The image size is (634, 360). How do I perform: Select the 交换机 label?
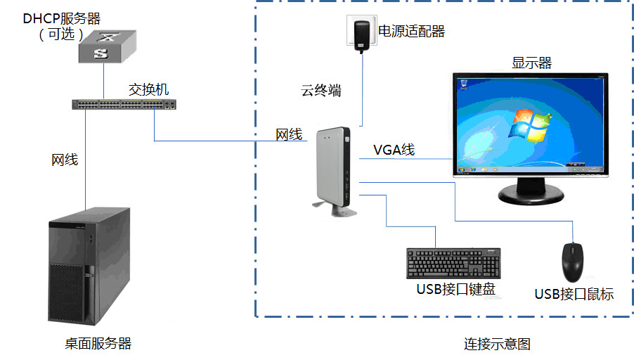pos(148,90)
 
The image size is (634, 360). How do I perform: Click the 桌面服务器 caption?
pos(98,343)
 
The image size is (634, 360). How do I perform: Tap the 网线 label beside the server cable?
pos(65,160)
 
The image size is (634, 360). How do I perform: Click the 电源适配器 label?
pos(412,32)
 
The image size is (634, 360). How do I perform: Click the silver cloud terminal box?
pos(334,168)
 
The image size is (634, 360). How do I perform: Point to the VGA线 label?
pos(394,149)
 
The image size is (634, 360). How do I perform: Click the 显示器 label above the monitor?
pos(531,63)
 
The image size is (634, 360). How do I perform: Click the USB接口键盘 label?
pos(455,289)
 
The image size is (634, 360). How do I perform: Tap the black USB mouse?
pos(574,261)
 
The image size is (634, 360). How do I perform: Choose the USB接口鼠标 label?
pos(574,295)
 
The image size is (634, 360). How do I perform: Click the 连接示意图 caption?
pos(497,344)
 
